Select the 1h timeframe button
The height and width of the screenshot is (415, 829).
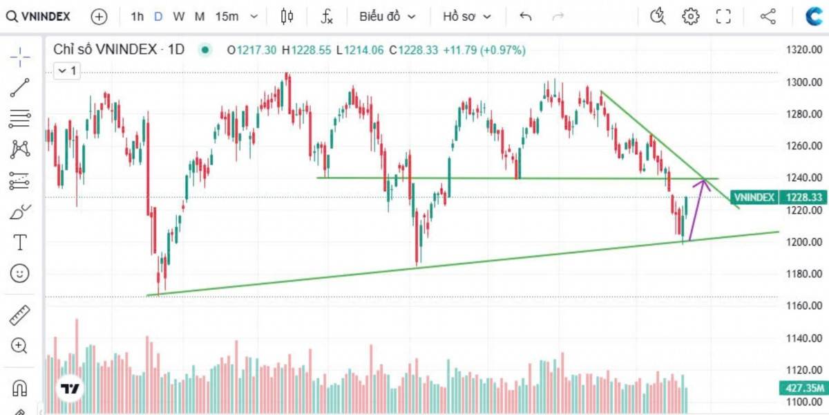pos(137,16)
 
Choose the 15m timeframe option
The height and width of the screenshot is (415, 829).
pos(227,16)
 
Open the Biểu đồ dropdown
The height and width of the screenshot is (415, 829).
pos(387,16)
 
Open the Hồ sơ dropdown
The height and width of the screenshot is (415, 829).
pos(468,16)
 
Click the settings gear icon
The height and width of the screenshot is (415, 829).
pos(690,16)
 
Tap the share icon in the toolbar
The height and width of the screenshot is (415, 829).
pos(768,16)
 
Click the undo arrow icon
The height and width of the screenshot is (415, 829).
pos(526,16)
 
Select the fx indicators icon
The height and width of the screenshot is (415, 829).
pos(327,16)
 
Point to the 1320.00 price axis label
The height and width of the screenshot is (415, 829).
pos(805,50)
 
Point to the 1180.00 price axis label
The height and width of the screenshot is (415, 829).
pos(805,274)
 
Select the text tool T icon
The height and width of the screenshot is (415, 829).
pos(20,242)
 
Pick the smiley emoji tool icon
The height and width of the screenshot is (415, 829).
pos(20,273)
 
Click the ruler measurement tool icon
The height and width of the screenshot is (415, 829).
pos(20,315)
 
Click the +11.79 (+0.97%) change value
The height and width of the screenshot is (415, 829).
pos(484,50)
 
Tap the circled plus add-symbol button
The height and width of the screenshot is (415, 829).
pos(99,16)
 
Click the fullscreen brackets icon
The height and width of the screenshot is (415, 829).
pos(723,16)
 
